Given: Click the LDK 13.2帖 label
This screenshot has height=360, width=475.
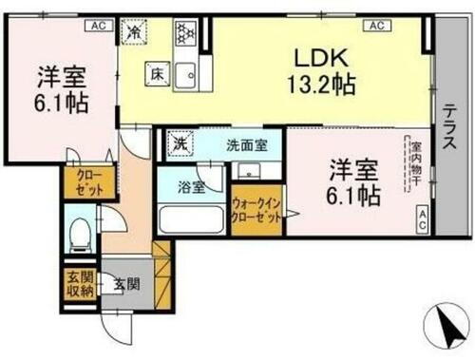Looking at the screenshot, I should (323, 71).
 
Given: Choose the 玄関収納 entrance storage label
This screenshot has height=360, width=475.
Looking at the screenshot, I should (79, 284).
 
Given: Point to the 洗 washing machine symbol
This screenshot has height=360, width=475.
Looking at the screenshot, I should (179, 145).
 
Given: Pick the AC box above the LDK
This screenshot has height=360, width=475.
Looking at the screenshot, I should (375, 26).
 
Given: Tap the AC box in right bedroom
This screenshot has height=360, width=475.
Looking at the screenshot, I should (421, 218).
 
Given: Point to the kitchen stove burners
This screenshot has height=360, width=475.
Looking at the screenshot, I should (182, 33).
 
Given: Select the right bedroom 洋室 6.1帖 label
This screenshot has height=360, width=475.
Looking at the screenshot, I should (355, 182).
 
